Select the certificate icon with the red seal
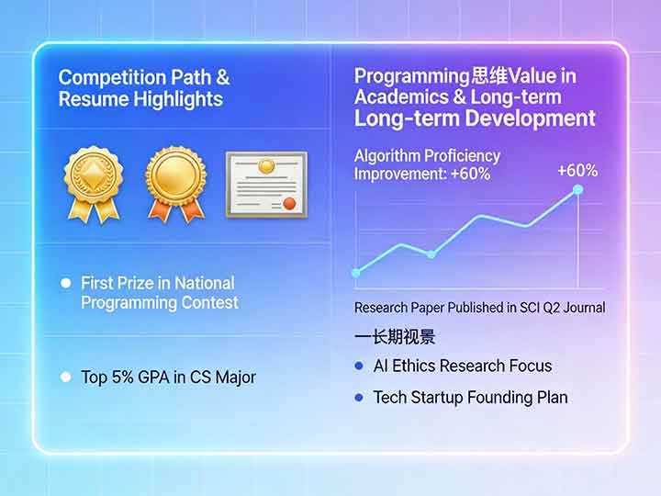pos(266,184)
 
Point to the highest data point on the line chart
pos(577,190)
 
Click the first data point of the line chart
pos(356,272)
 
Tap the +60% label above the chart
pos(577,170)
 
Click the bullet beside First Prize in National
pos(65,284)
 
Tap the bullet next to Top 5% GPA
pos(65,377)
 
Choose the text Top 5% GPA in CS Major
pos(168,377)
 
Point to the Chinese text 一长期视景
pos(395,336)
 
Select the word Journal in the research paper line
pos(579,308)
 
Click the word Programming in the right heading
pos(411,76)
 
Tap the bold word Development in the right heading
pos(530,118)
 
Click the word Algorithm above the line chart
pos(387,156)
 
